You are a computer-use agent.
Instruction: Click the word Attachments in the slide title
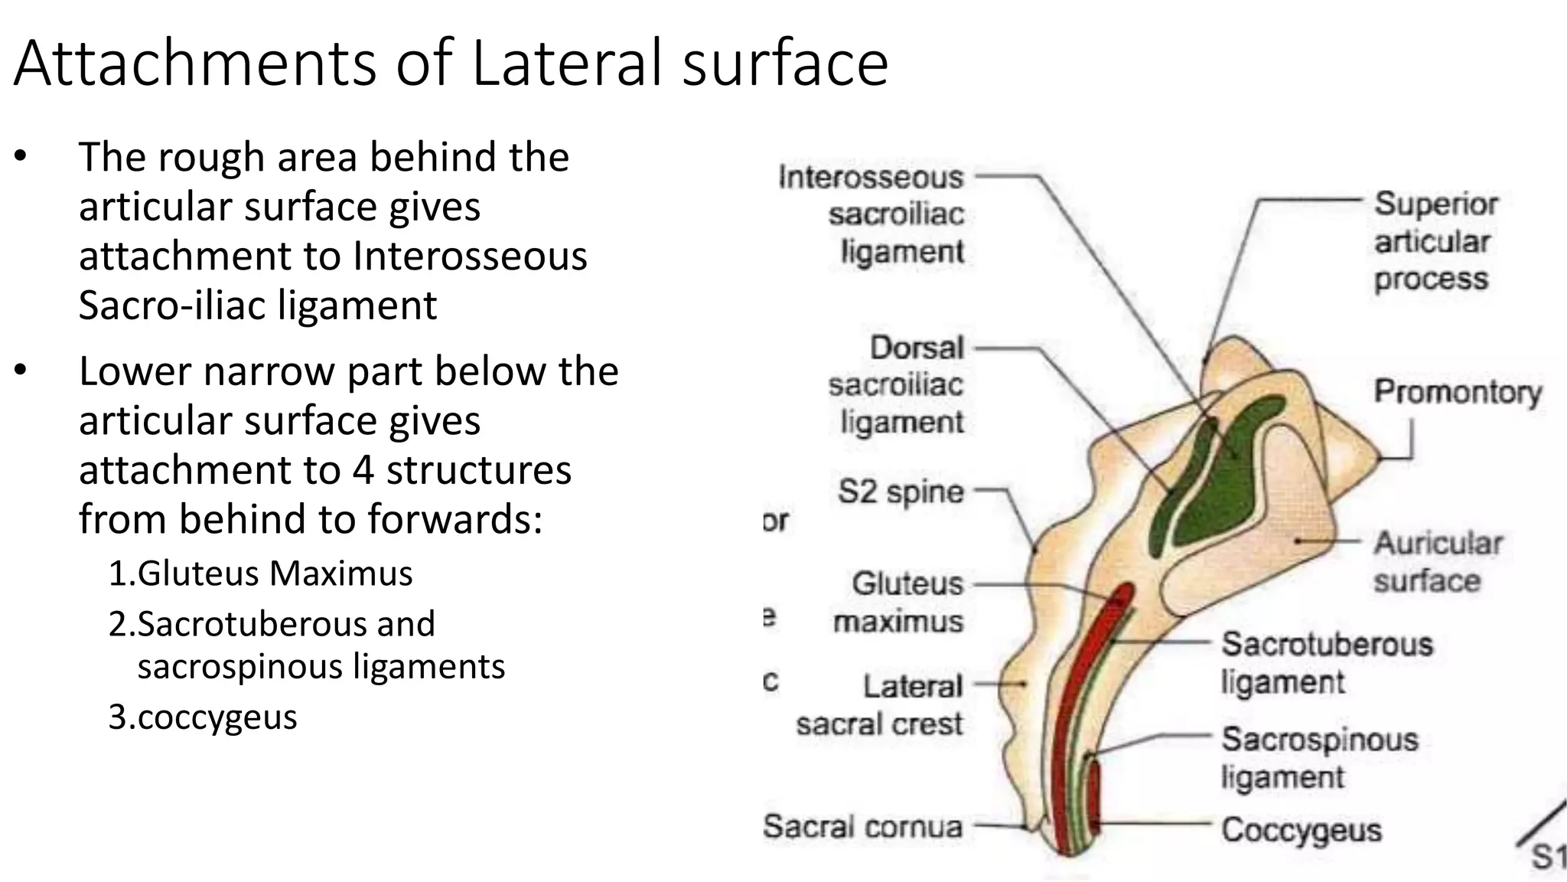click(x=195, y=63)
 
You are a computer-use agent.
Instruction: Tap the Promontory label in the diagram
click(x=1458, y=392)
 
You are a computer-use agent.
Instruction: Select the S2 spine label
click(x=901, y=492)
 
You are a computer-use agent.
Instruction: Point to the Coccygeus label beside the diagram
click(x=1301, y=830)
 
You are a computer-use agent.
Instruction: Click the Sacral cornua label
click(x=862, y=827)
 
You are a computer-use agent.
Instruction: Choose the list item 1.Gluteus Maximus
click(x=260, y=573)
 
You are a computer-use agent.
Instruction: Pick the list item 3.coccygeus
click(x=203, y=717)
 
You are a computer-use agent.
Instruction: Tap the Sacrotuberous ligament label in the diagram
click(x=1327, y=663)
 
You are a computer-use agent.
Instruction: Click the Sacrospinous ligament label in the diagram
click(x=1320, y=758)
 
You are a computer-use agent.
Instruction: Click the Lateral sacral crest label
click(x=879, y=705)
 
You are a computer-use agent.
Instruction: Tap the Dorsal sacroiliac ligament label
click(x=896, y=385)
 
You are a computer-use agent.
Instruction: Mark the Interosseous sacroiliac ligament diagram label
click(x=871, y=214)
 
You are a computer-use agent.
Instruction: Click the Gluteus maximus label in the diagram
click(x=898, y=603)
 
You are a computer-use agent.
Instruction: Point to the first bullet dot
click(x=21, y=158)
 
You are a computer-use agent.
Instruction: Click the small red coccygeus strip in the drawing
click(x=1095, y=796)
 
